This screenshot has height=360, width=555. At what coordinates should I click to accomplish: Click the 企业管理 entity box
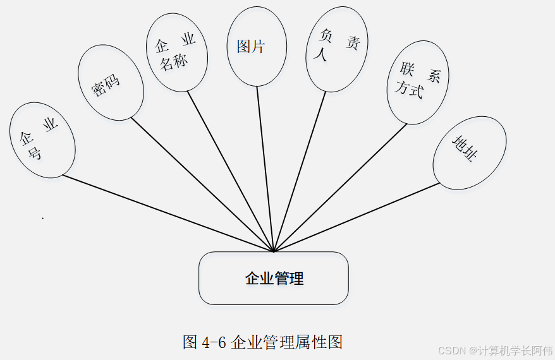pyautogui.click(x=273, y=278)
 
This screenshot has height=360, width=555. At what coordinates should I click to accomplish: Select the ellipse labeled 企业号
pyautogui.click(x=42, y=140)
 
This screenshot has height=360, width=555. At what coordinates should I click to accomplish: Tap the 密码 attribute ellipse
pyautogui.click(x=110, y=82)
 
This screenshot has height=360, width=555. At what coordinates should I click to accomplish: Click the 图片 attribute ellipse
pyautogui.click(x=256, y=46)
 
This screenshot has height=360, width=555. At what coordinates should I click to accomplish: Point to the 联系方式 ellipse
pyautogui.click(x=417, y=83)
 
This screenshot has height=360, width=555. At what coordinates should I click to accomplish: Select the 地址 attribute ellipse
pyautogui.click(x=469, y=152)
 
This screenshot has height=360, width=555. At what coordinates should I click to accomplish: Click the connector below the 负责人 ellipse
pyautogui.click(x=300, y=171)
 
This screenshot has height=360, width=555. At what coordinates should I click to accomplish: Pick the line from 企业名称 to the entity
pyautogui.click(x=230, y=171)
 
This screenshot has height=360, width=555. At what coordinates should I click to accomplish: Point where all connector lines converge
pyautogui.click(x=273, y=251)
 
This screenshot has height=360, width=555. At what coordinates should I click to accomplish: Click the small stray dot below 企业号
pyautogui.click(x=42, y=218)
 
